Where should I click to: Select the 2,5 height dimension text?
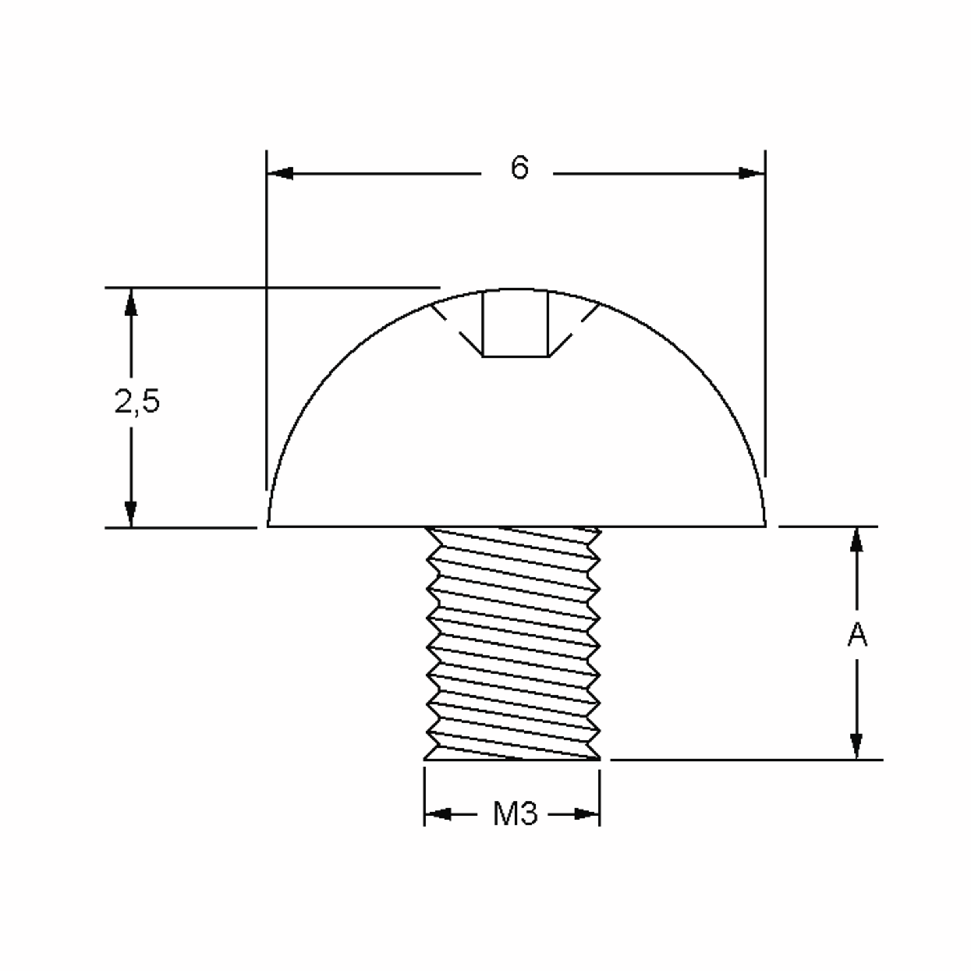click(137, 402)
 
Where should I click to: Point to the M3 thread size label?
click(515, 814)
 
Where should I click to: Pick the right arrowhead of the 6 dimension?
click(752, 174)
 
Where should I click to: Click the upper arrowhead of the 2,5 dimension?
click(131, 303)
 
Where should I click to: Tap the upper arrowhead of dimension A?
click(857, 541)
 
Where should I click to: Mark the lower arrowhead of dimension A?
click(857, 746)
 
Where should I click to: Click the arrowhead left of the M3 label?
click(437, 814)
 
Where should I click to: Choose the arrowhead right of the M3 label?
click(587, 814)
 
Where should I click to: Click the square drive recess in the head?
click(516, 324)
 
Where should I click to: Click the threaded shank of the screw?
click(513, 643)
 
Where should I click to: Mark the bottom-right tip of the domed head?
click(765, 525)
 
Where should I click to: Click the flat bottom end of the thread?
click(512, 759)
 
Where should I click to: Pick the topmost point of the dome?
click(516, 290)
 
